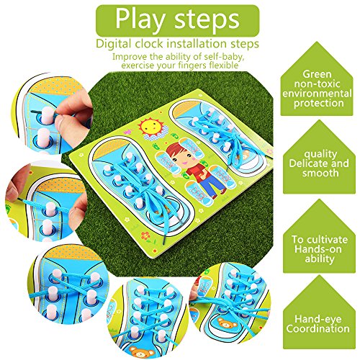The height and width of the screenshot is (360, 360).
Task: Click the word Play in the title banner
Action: coord(140,19)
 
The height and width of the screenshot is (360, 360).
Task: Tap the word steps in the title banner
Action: coord(207,19)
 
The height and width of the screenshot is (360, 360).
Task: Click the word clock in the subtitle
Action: coord(149,44)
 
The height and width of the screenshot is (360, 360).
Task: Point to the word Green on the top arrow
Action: coord(317,74)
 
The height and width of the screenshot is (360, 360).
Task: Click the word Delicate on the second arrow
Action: coord(305,163)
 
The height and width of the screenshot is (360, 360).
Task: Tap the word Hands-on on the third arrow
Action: coord(318,249)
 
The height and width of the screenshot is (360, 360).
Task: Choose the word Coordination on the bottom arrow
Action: coord(318,328)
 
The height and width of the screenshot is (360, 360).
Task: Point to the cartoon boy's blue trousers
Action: coord(211,185)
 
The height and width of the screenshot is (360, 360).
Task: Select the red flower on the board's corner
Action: coord(145,235)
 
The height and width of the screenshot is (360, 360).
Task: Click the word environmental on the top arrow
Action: coord(317,94)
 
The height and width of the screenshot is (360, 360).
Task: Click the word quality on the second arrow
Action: coord(320,154)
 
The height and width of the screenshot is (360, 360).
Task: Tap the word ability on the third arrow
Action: coord(320,259)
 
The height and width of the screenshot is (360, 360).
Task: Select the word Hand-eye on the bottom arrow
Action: coord(318,319)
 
